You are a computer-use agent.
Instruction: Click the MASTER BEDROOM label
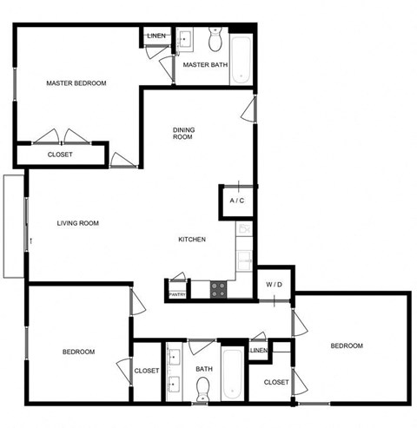click(76, 83)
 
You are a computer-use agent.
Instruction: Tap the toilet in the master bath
click(216, 40)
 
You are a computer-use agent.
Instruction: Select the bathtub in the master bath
click(241, 59)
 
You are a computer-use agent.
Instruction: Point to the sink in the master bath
click(186, 39)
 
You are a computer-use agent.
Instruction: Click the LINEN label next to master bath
click(156, 36)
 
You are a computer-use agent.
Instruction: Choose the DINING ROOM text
click(183, 133)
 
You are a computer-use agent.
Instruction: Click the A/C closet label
click(236, 201)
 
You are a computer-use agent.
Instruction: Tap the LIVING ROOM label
click(77, 223)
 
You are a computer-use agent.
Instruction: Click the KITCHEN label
click(191, 240)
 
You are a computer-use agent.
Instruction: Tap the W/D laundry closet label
click(274, 284)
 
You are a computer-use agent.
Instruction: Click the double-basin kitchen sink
click(245, 258)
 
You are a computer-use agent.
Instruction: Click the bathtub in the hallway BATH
click(234, 374)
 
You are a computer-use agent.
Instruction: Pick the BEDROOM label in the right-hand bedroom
click(346, 346)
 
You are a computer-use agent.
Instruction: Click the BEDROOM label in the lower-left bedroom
click(78, 352)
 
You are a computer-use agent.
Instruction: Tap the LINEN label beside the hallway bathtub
click(258, 351)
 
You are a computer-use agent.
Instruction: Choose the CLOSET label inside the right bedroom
click(276, 382)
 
